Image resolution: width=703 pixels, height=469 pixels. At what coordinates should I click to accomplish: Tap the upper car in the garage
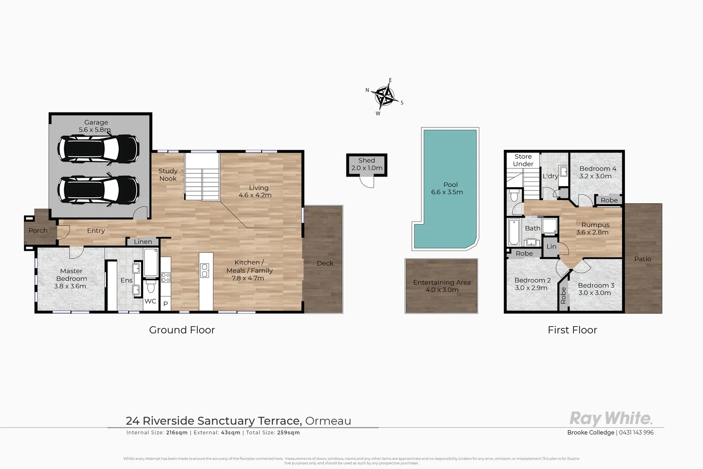point(98,148)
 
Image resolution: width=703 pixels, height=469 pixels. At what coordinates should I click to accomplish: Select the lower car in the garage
point(98,188)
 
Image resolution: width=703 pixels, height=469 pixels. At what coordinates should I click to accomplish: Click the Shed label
point(367,161)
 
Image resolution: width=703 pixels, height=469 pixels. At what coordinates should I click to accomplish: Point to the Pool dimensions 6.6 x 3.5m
point(447,192)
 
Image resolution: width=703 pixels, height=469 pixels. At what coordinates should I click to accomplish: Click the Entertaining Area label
point(441,282)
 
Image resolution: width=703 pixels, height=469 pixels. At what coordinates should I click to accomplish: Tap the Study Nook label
point(168,175)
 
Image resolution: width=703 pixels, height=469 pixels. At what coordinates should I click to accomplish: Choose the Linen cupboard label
point(143,242)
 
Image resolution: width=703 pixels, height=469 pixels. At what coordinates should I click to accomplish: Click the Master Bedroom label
point(71,275)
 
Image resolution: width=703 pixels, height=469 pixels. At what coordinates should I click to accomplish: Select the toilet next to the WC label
point(151,287)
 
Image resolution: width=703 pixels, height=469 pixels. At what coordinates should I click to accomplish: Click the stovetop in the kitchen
point(166,277)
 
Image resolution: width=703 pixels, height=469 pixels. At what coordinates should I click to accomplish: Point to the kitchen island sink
point(205,271)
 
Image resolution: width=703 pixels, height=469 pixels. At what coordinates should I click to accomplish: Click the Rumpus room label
point(595,225)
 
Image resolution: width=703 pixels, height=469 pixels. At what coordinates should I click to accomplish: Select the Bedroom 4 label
point(597,168)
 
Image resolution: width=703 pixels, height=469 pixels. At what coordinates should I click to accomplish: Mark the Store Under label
point(523,160)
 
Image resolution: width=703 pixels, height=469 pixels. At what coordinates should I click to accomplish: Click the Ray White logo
point(610,418)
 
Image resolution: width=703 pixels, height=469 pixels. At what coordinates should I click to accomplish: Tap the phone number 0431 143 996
point(636,433)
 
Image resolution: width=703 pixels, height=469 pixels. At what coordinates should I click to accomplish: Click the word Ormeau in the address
point(328,421)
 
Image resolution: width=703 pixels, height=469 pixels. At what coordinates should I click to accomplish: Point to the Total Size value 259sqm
point(288,433)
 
